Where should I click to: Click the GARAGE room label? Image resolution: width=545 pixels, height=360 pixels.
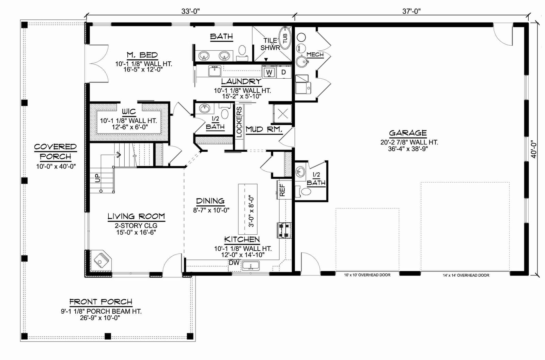[x=408, y=133]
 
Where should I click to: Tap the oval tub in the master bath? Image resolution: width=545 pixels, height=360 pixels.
[x=285, y=38]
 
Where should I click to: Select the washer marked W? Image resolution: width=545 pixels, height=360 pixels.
[x=269, y=72]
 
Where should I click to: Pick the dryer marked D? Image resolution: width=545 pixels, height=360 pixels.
[x=284, y=72]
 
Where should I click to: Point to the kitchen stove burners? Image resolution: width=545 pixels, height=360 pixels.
[x=284, y=230]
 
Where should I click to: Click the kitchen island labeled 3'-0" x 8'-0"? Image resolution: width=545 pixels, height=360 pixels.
[x=248, y=209]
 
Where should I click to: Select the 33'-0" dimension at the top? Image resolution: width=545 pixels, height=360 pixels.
[x=190, y=11]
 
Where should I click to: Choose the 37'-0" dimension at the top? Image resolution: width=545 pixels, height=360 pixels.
[x=411, y=11]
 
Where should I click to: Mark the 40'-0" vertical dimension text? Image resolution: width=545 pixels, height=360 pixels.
[x=533, y=149]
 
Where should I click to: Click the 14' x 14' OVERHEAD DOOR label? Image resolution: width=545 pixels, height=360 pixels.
[x=466, y=275]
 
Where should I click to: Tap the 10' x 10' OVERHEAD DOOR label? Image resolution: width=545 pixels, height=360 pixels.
[x=367, y=275]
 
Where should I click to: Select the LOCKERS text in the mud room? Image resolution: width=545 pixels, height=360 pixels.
[x=239, y=122]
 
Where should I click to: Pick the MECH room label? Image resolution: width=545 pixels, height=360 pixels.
[x=315, y=54]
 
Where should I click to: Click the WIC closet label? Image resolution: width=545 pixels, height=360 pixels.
[x=129, y=112]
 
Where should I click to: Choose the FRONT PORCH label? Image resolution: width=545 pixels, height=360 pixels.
[x=101, y=302]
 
